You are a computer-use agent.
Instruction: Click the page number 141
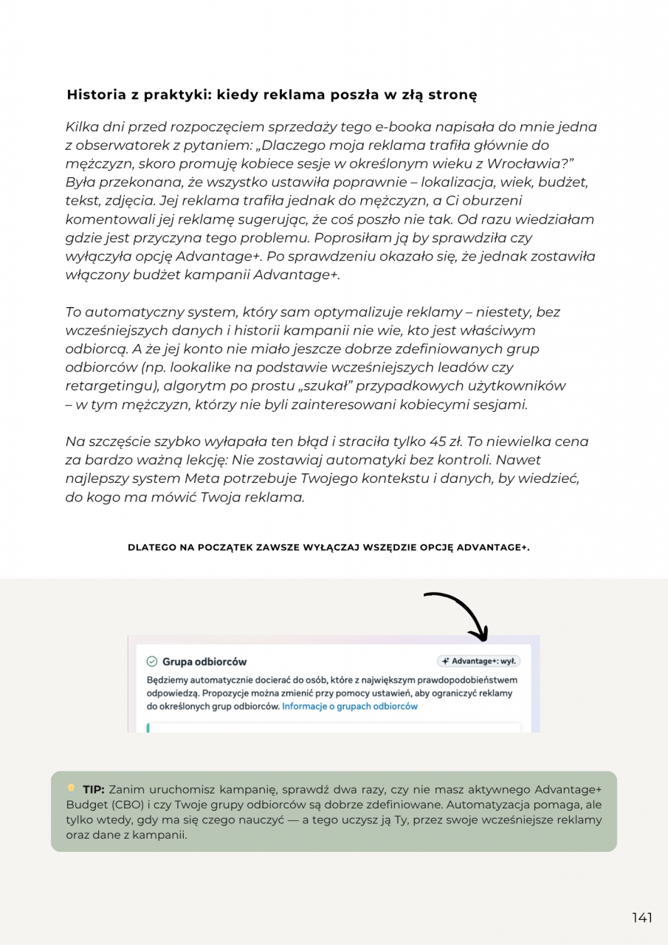pyautogui.click(x=641, y=918)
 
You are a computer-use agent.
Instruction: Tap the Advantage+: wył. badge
pyautogui.click(x=478, y=661)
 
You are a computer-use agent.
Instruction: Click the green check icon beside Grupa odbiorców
pyautogui.click(x=152, y=661)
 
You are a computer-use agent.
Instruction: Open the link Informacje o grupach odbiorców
pyautogui.click(x=350, y=707)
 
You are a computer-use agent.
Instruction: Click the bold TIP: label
pyautogui.click(x=93, y=790)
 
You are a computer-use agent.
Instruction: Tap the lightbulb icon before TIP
pyautogui.click(x=72, y=788)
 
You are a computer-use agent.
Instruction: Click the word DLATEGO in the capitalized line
pyautogui.click(x=152, y=548)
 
